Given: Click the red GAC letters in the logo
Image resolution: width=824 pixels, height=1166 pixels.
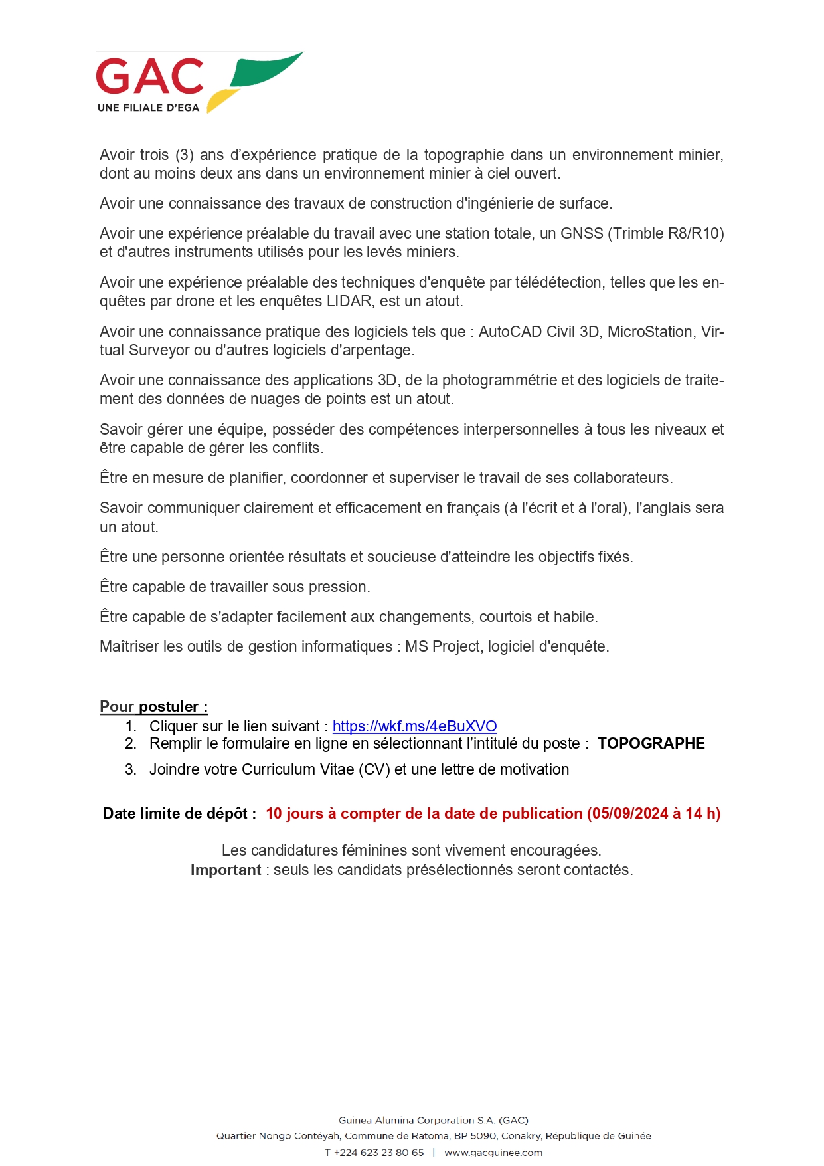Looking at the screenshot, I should coord(149,76).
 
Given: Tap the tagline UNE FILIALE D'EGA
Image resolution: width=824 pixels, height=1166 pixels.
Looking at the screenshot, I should coord(148,108).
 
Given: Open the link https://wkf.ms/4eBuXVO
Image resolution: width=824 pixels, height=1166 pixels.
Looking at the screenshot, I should coord(414,726).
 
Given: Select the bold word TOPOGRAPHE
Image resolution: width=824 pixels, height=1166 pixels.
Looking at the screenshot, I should coord(651,743).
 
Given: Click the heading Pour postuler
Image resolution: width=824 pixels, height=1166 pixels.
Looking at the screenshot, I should coord(153,706).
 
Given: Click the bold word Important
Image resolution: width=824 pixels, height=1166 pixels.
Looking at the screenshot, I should coord(226,870).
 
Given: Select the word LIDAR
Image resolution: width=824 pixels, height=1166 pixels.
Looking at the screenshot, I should coord(349,301).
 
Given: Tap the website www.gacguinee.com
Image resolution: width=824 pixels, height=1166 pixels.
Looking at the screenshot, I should coord(493,1153).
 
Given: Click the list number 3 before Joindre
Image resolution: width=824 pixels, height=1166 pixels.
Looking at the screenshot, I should coord(130,769).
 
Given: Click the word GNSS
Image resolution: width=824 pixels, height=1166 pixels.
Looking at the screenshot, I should coord(582,233).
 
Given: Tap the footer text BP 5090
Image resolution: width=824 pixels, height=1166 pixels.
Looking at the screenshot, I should coord(475,1136).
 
